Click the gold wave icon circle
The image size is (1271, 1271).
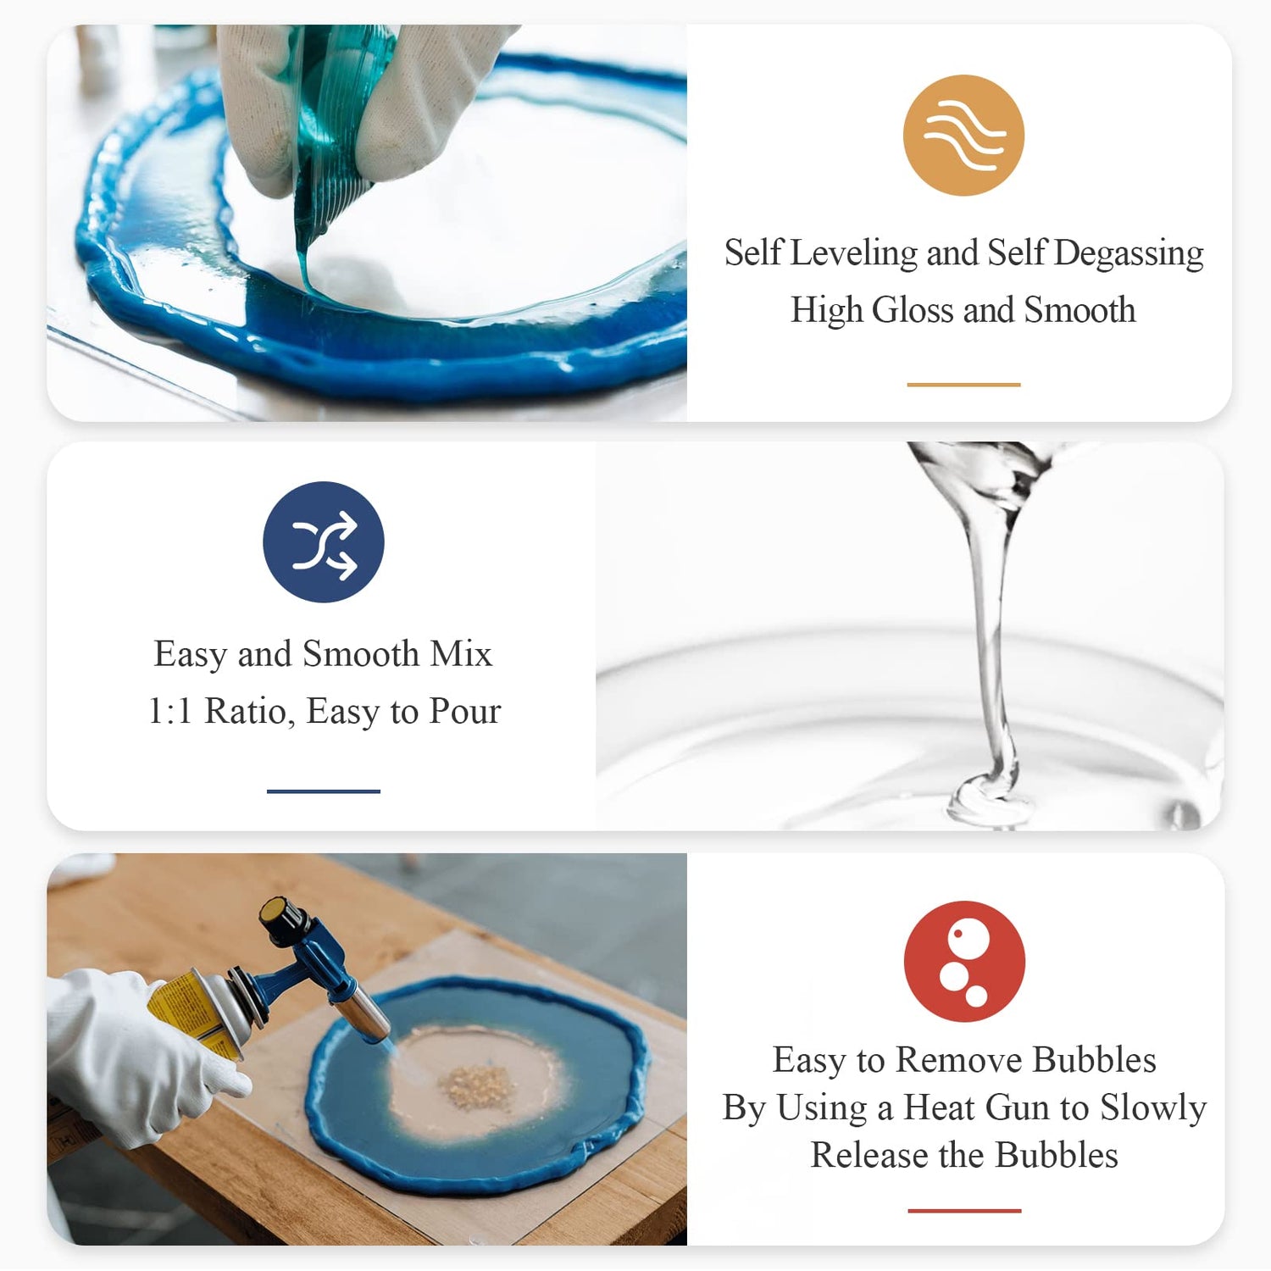(x=963, y=136)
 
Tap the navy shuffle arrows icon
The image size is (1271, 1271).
(x=324, y=542)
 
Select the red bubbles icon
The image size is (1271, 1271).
(x=964, y=962)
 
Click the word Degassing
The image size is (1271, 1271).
(x=1129, y=253)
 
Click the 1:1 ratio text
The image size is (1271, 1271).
(x=169, y=711)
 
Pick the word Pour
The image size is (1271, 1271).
(x=465, y=711)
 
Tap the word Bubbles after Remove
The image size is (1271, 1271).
(x=1094, y=1060)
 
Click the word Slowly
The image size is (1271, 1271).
(x=1153, y=1107)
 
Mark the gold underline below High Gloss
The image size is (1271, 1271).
(x=963, y=385)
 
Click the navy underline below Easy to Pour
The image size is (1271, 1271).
(x=324, y=791)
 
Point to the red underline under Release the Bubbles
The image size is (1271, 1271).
(x=964, y=1211)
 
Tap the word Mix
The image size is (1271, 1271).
(x=461, y=654)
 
